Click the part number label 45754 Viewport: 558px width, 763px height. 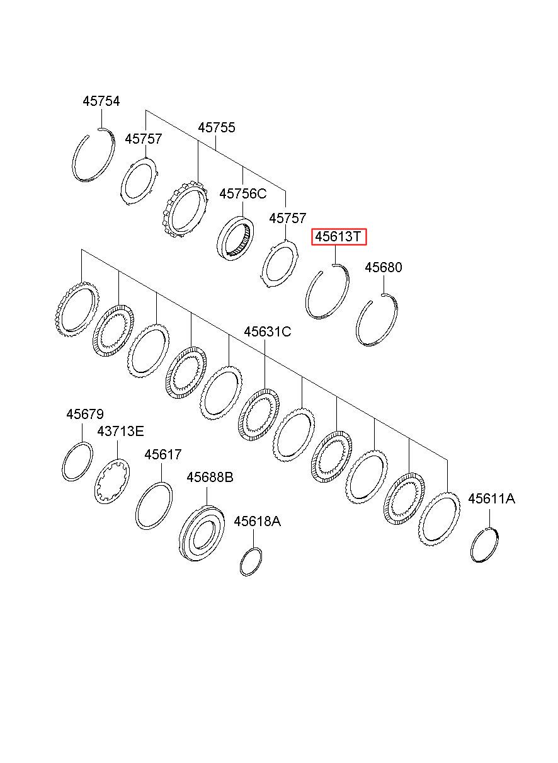click(101, 101)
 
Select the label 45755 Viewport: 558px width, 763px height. click(217, 127)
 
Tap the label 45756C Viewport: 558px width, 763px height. click(242, 193)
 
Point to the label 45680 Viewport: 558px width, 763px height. click(384, 267)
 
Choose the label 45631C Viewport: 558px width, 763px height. click(268, 331)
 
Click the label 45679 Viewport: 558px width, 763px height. click(85, 414)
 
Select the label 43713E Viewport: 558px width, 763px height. click(120, 431)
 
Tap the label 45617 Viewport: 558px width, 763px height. click(162, 454)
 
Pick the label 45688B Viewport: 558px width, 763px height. click(210, 477)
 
